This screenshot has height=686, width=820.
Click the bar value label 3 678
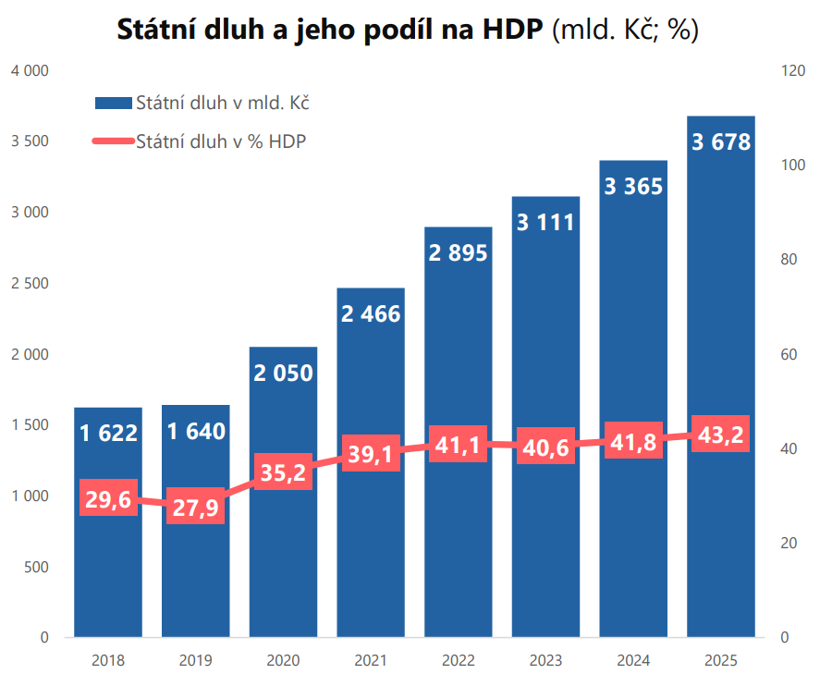coord(721,142)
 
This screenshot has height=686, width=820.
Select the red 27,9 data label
coord(195,507)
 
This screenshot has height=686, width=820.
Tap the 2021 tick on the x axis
coord(371,661)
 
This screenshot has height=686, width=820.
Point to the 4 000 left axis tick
coord(30,70)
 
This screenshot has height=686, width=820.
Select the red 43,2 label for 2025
coord(721,435)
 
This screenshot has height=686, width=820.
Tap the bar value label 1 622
coord(108,432)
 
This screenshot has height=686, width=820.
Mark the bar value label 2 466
coord(371,313)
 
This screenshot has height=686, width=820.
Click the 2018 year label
coord(108,661)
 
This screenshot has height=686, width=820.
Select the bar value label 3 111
coord(545,222)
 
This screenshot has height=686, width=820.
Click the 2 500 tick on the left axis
coord(30,283)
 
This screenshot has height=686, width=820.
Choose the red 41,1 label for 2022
coord(458,446)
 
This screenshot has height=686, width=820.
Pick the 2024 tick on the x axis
coord(633,661)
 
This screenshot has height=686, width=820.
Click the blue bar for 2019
coord(195,573)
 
